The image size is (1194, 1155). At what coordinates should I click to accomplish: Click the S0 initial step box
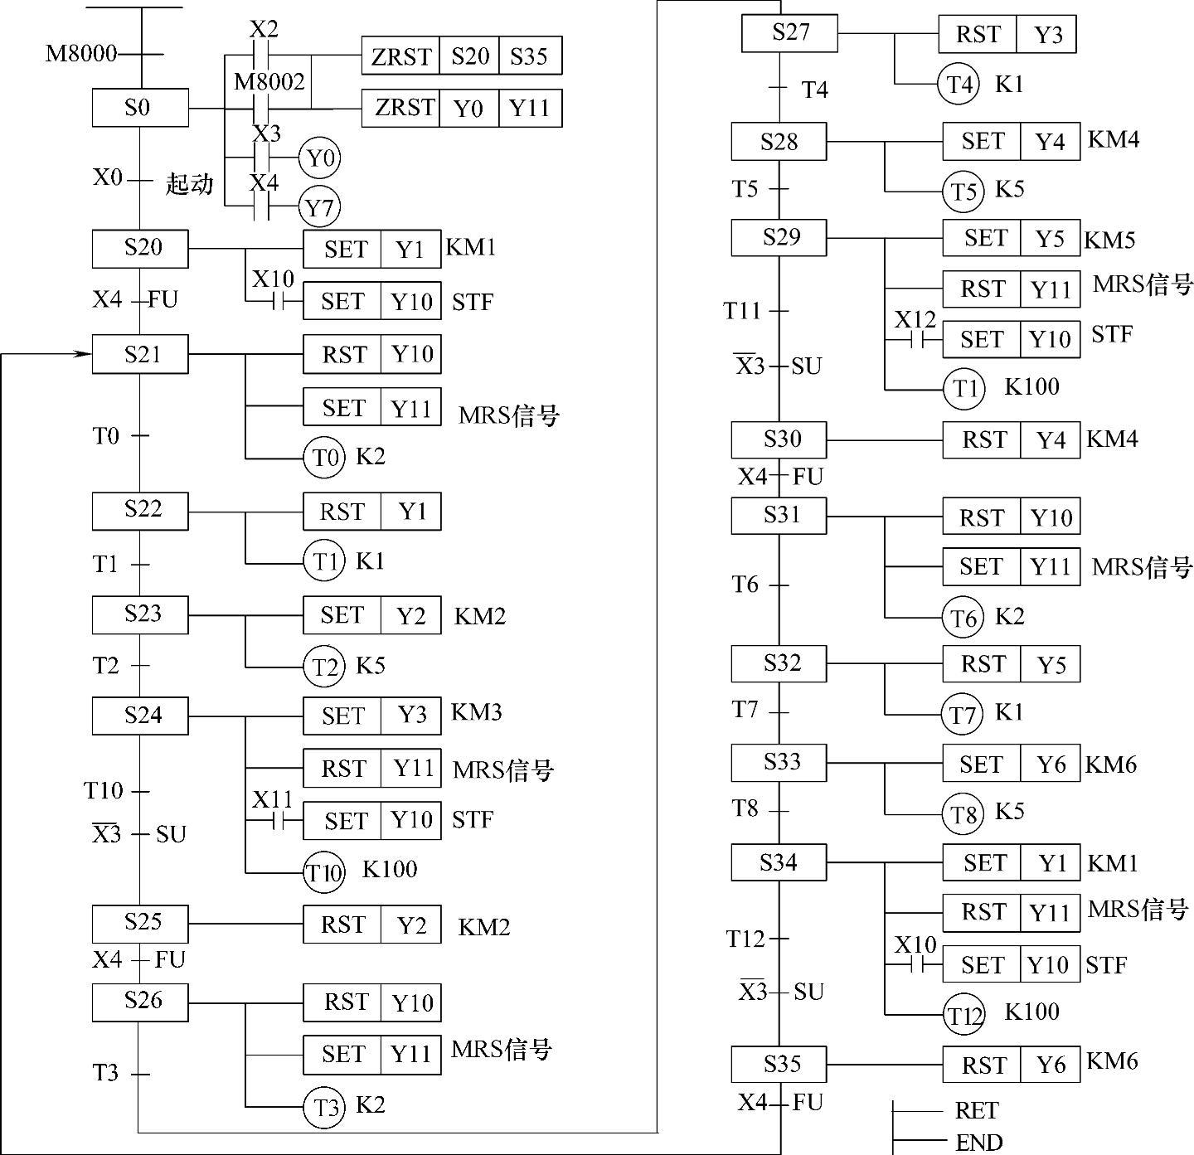[x=139, y=108]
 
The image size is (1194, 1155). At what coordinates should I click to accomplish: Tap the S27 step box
[x=789, y=34]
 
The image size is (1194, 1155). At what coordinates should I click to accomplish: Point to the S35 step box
[x=779, y=1064]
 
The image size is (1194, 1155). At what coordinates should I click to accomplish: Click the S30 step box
[x=779, y=439]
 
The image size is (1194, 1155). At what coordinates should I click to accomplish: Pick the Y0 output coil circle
[x=319, y=158]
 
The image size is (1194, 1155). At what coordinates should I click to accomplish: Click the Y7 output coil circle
[x=319, y=207]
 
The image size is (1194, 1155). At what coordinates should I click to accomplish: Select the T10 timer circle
[x=323, y=872]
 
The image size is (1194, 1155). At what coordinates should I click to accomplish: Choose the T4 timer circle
[x=959, y=85]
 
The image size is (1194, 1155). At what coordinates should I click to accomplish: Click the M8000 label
[x=80, y=55]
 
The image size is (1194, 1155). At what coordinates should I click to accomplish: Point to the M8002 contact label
[x=269, y=81]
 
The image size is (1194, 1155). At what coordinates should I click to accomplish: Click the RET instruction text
[x=976, y=1110]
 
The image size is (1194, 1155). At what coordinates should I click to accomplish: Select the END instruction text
[x=978, y=1143]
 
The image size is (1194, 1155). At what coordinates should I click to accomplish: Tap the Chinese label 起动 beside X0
[x=189, y=183]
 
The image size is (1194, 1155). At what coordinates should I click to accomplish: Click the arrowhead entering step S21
[x=83, y=354]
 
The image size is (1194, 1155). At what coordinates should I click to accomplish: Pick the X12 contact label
[x=915, y=319]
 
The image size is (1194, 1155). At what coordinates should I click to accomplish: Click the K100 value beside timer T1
[x=1031, y=387]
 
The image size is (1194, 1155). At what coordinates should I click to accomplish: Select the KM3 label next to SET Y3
[x=476, y=712]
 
